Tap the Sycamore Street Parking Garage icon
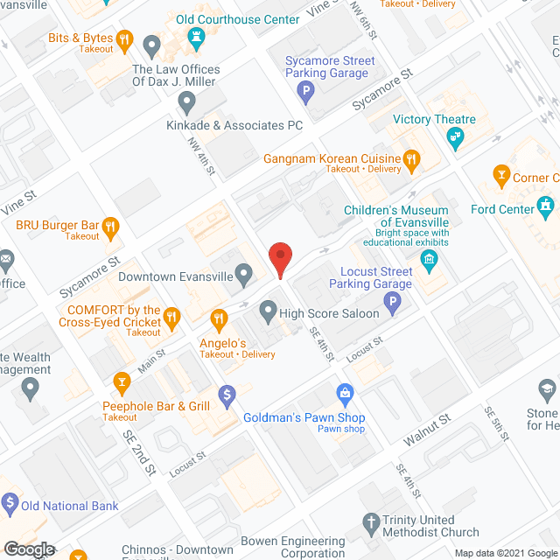pyautogui.click(x=306, y=90)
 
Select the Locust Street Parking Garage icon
pyautogui.click(x=393, y=304)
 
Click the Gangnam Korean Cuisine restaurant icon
pyautogui.click(x=411, y=158)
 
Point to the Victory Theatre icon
pyautogui.click(x=455, y=136)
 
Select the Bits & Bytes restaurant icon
pyautogui.click(x=126, y=39)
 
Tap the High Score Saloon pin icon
pyautogui.click(x=268, y=311)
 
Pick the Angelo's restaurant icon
pyautogui.click(x=218, y=320)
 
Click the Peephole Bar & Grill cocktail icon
pyautogui.click(x=122, y=381)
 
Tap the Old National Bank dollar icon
pyautogui.click(x=10, y=503)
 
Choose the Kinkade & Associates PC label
pyautogui.click(x=234, y=126)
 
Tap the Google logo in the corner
pyautogui.click(x=28, y=549)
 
